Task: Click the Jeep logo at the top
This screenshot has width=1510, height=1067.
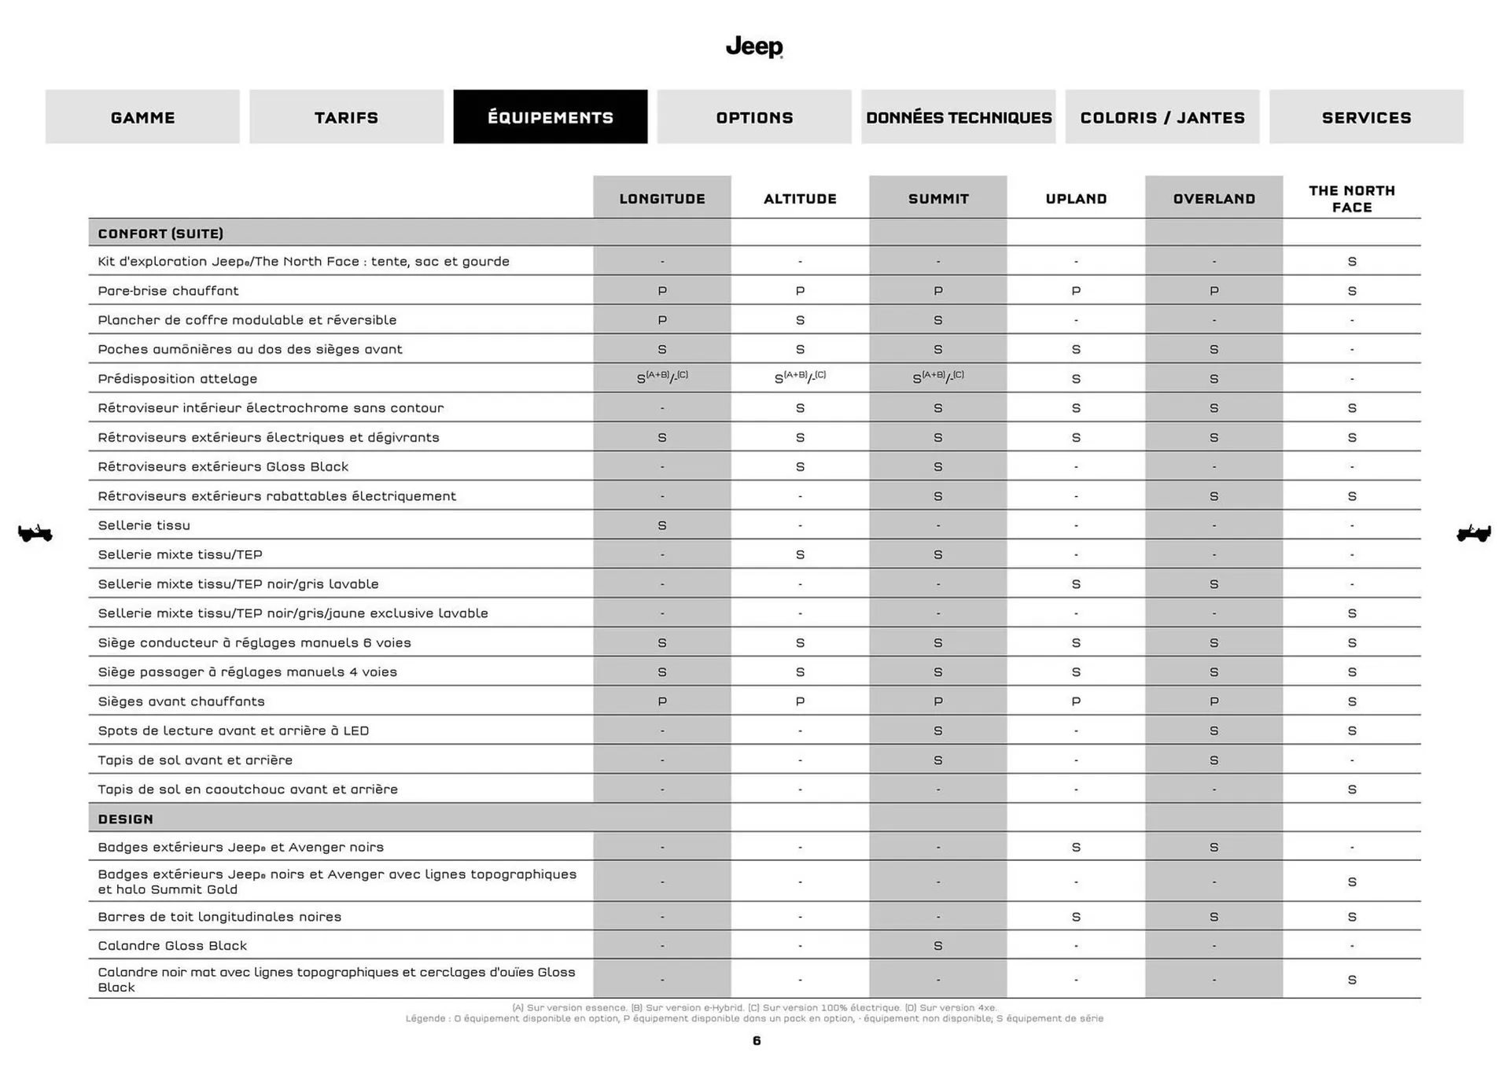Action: coord(753,47)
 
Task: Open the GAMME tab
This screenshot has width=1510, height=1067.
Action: coord(142,117)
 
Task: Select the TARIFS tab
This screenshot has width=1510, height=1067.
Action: coord(346,117)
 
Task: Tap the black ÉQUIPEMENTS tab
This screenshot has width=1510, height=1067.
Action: coord(550,117)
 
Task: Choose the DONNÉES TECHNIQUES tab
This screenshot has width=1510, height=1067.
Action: coord(958,117)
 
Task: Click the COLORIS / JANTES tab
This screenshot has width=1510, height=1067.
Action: coord(1162,117)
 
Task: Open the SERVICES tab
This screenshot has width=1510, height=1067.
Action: coord(1365,117)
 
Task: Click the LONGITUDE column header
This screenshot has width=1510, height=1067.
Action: coord(661,199)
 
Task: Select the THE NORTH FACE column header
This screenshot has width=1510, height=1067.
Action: coord(1351,199)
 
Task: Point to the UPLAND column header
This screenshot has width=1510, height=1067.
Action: coord(1075,199)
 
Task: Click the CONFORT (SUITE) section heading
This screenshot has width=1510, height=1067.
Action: coord(160,234)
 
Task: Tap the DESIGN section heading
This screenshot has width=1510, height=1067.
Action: coord(126,819)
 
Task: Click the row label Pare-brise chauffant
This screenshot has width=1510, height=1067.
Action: coord(168,291)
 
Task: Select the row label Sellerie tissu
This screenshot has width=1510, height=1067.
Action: coord(144,525)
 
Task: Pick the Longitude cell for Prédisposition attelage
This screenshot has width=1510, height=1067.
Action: coord(661,378)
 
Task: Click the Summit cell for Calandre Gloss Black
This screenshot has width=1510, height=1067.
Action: coord(937,946)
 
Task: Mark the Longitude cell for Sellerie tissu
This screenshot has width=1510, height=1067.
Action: coord(661,525)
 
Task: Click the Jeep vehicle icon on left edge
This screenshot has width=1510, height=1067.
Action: coord(35,533)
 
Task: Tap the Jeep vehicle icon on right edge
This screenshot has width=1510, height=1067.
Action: coord(1473,533)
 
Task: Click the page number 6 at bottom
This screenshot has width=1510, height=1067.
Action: coord(756,1041)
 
